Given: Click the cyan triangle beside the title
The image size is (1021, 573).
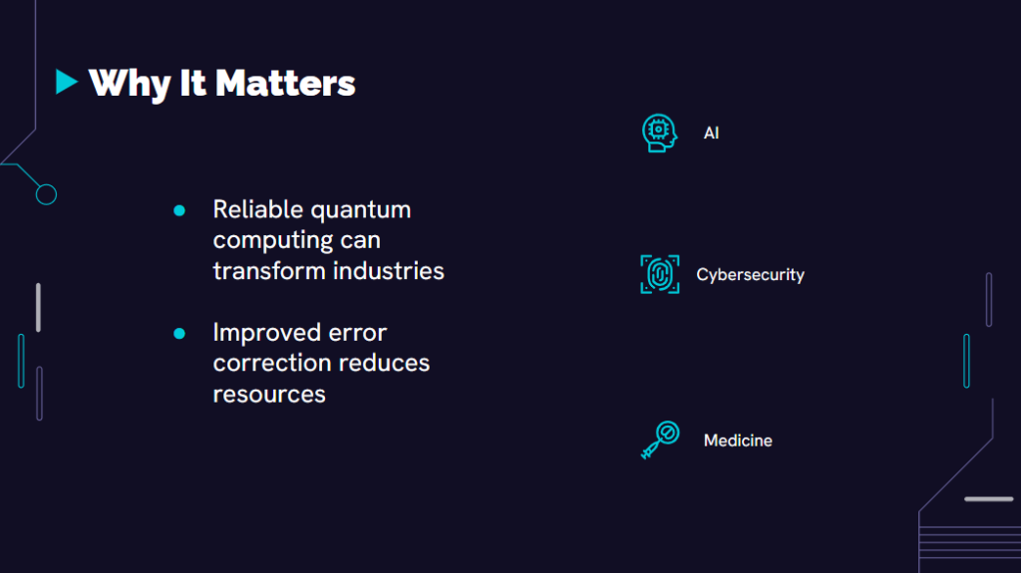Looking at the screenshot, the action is (x=66, y=82).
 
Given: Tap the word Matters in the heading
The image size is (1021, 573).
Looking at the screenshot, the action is (x=285, y=84).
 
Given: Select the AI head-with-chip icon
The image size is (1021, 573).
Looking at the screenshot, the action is (x=660, y=133).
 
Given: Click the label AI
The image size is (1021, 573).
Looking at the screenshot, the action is (x=711, y=133).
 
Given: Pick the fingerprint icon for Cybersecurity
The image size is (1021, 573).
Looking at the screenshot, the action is (x=660, y=274).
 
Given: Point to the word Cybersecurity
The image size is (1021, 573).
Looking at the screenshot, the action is (x=750, y=275).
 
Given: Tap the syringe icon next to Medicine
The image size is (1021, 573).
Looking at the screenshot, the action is (x=660, y=440).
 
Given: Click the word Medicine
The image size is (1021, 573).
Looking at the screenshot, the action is (x=738, y=440).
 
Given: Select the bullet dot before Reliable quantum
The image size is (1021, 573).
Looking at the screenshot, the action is (x=179, y=210).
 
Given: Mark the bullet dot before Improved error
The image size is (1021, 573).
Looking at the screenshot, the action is (x=179, y=334).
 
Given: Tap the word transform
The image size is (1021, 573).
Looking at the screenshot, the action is (x=269, y=271).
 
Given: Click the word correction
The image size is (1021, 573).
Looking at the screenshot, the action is (x=267, y=364).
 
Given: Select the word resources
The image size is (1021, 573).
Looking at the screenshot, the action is (x=269, y=395).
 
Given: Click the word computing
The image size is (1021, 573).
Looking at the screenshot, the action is (x=273, y=241).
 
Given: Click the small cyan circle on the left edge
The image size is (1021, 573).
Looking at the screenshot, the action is (x=46, y=194).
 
